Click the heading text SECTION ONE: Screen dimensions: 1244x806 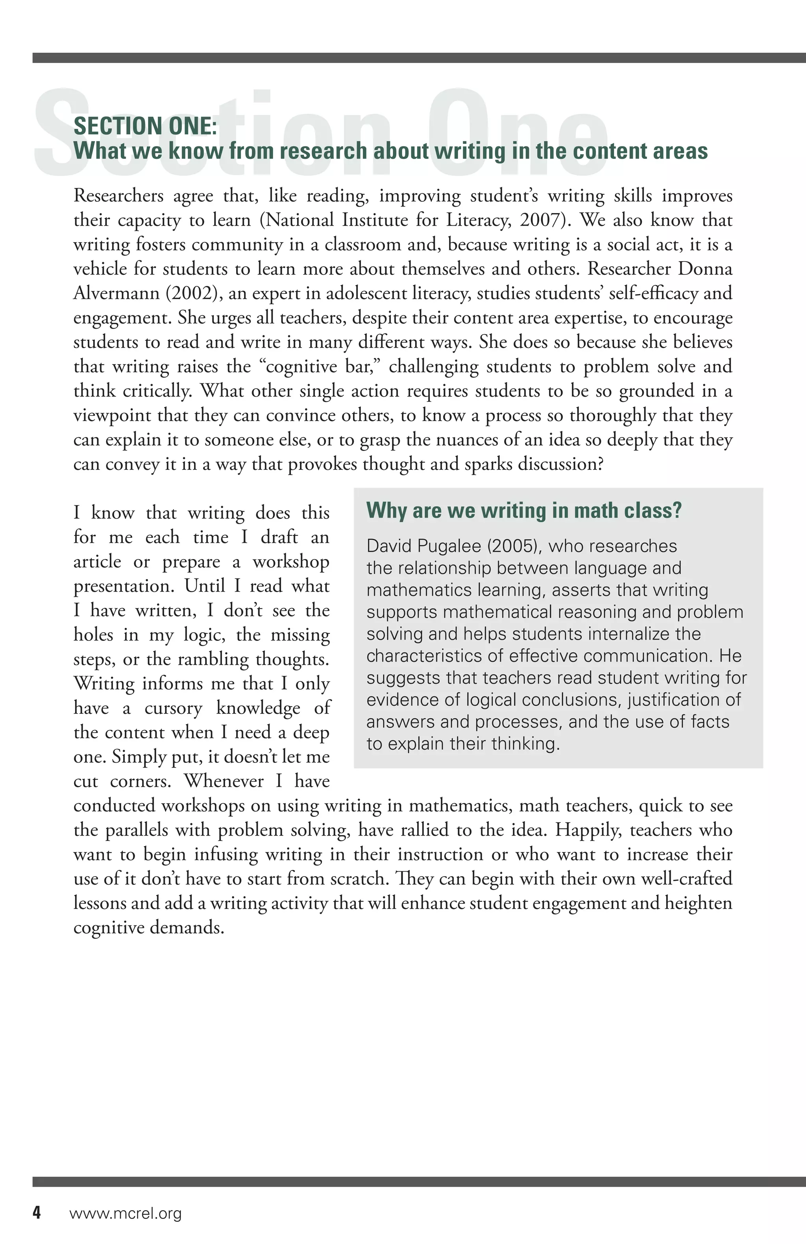(145, 127)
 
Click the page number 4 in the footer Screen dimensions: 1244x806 (37, 1213)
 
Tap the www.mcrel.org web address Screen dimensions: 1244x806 (126, 1213)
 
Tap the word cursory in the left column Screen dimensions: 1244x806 (173, 708)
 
